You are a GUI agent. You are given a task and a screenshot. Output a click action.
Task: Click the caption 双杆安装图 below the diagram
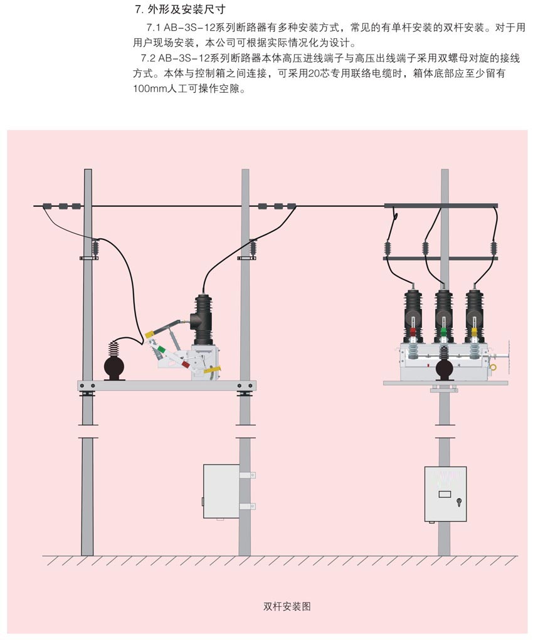[x=287, y=606]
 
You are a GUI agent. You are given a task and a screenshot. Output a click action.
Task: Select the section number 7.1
[x=154, y=28]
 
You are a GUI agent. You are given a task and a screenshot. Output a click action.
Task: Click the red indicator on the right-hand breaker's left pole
[x=413, y=332]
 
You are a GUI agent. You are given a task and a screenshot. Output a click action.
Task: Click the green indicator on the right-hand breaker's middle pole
[x=443, y=332]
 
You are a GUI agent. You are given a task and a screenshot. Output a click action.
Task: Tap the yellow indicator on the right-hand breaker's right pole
[x=475, y=332]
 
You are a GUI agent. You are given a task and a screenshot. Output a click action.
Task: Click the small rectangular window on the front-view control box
[x=444, y=494]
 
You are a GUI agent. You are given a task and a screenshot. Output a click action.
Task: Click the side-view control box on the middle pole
[x=221, y=491]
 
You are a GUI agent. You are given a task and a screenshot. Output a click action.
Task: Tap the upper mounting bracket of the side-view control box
[x=247, y=475]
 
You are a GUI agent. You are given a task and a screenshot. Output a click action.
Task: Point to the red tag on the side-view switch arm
[x=185, y=362]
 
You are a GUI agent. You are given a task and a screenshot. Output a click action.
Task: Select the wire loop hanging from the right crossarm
[x=395, y=216]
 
